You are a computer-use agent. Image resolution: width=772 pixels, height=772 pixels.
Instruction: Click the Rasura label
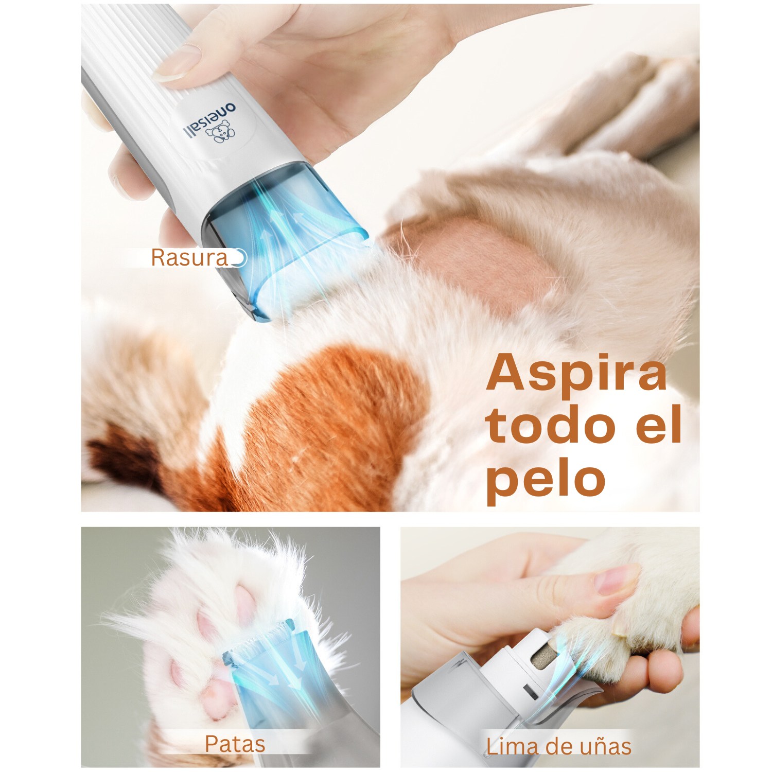[x=189, y=258]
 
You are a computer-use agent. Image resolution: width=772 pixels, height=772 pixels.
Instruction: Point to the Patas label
[x=235, y=744]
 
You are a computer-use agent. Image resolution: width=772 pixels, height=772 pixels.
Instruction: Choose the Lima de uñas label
[x=558, y=746]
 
